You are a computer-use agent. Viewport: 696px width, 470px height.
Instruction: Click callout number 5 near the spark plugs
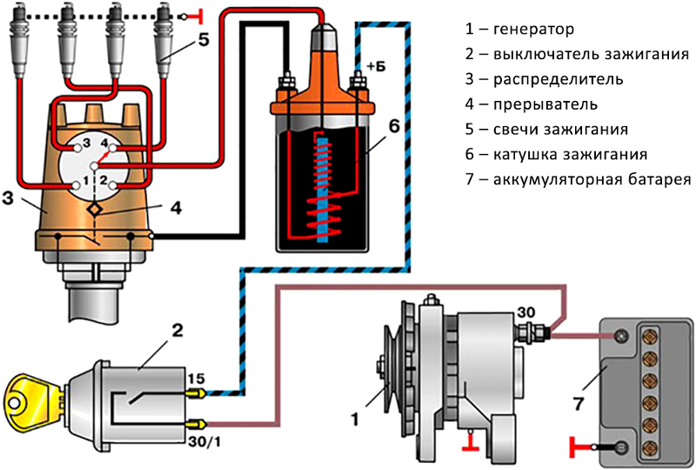(x=202, y=39)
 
